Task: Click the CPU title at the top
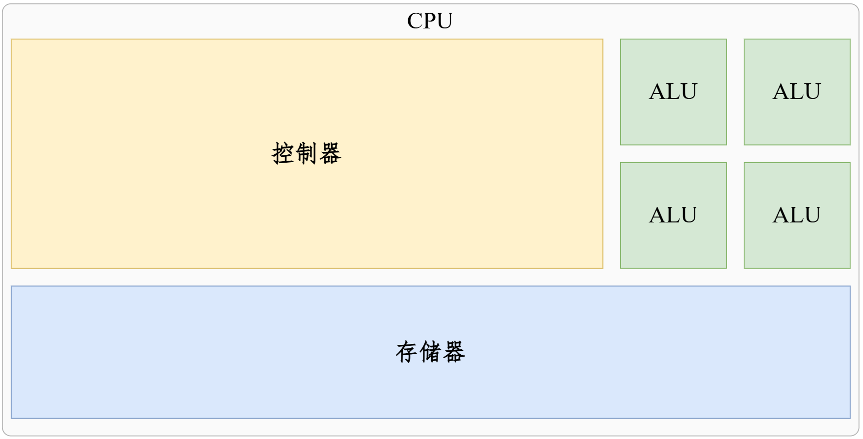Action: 430,21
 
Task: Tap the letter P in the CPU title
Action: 429,21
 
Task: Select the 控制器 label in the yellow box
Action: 307,153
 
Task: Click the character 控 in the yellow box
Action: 283,153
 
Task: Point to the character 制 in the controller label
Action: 307,153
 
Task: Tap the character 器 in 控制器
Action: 330,153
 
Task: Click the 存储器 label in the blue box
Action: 430,352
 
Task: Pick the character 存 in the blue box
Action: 407,352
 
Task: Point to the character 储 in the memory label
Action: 430,352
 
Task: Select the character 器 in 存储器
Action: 454,352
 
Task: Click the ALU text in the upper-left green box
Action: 673,92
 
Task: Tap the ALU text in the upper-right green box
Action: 797,92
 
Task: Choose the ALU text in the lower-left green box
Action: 673,215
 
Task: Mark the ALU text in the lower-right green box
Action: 797,215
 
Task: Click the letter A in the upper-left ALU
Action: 657,92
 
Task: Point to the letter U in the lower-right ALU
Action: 812,215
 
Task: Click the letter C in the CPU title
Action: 415,21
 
